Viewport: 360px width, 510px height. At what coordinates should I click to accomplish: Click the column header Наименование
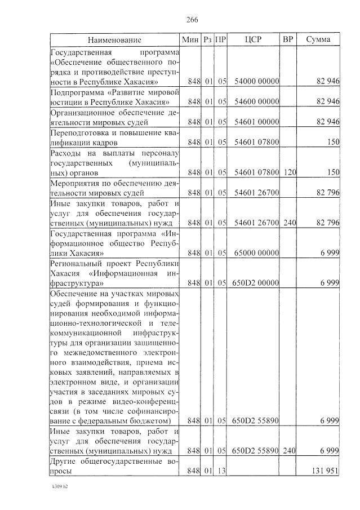[114, 40]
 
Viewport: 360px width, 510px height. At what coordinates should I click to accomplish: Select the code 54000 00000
[257, 82]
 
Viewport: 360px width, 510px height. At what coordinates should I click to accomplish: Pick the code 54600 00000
[257, 101]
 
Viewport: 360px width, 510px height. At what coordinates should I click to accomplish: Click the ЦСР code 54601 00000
[257, 122]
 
